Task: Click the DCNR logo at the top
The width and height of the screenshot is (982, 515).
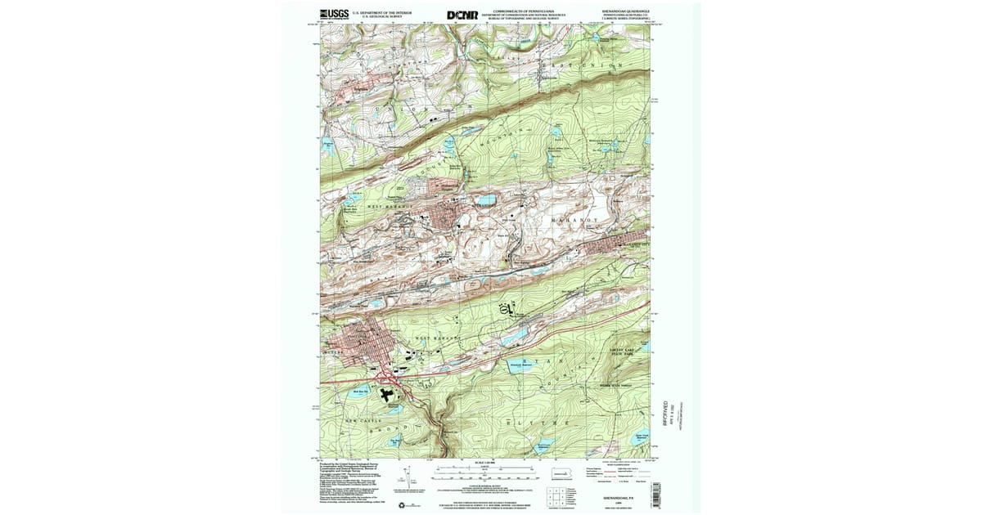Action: click(462, 15)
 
